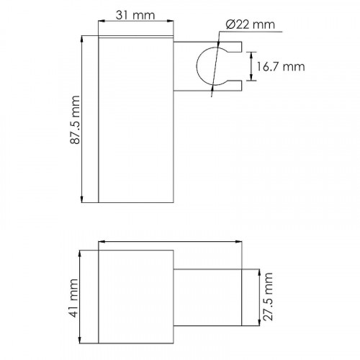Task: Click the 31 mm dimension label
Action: coord(135,15)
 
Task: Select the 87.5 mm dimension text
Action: coord(75,120)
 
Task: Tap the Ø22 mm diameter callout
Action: coord(251,24)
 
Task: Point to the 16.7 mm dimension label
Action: coord(281,66)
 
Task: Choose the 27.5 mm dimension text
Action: coord(268,297)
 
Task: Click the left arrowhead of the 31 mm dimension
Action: coord(102,21)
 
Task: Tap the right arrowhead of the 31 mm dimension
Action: coord(170,21)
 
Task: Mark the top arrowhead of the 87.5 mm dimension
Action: coord(82,39)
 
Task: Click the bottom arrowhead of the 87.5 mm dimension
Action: coord(82,199)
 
